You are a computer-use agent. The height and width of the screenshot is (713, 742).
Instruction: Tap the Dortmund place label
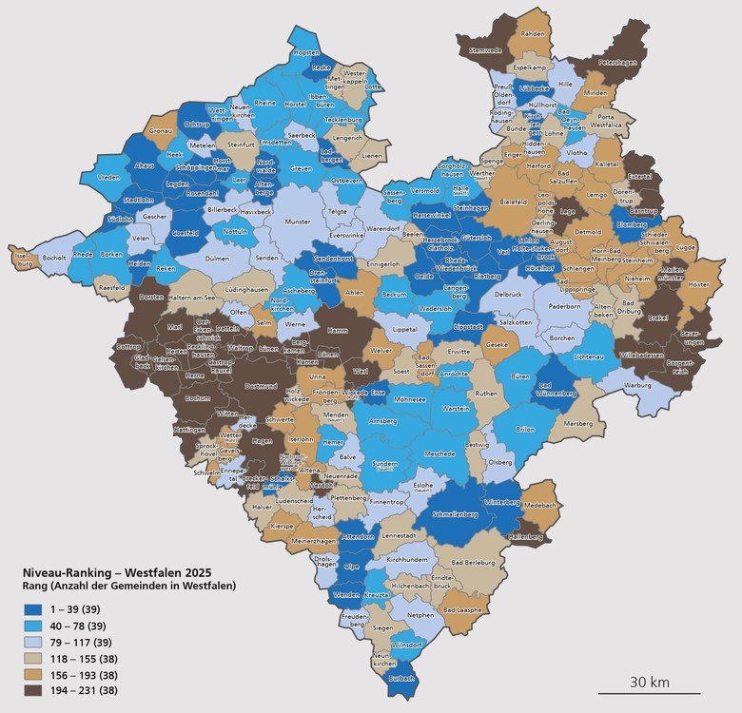[x=261, y=386]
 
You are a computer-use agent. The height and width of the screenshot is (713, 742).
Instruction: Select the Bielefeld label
[x=513, y=202]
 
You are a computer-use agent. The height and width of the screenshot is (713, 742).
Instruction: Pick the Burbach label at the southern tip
[x=402, y=678]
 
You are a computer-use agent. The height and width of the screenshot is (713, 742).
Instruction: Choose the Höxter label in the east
[x=698, y=284]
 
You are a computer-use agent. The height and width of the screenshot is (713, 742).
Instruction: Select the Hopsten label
[x=307, y=54]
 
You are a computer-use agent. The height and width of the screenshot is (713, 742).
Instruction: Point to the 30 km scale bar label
[x=652, y=683]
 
